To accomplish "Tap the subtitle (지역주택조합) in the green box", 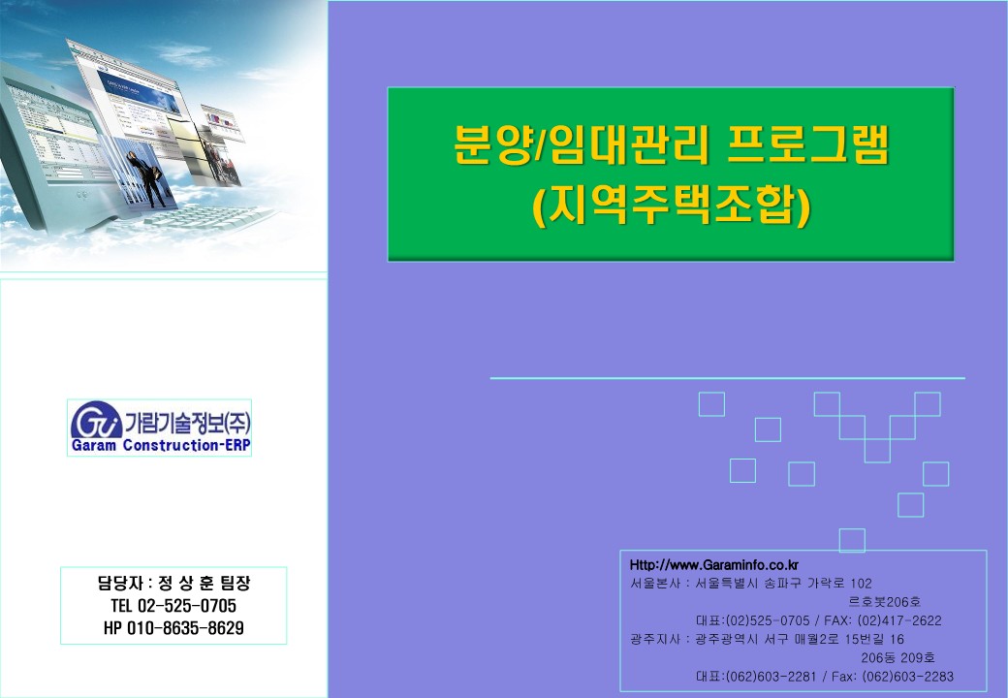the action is (x=671, y=206).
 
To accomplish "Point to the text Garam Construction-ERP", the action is (x=160, y=445).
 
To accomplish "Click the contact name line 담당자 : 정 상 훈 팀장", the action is (x=173, y=583).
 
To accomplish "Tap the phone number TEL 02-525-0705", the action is (x=173, y=606).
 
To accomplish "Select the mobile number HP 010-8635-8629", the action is (x=173, y=628).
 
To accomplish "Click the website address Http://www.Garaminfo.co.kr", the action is (x=714, y=565).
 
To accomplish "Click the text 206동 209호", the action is (x=898, y=657).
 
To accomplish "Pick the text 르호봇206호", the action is (x=885, y=602).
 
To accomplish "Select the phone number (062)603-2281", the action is (x=771, y=676).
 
